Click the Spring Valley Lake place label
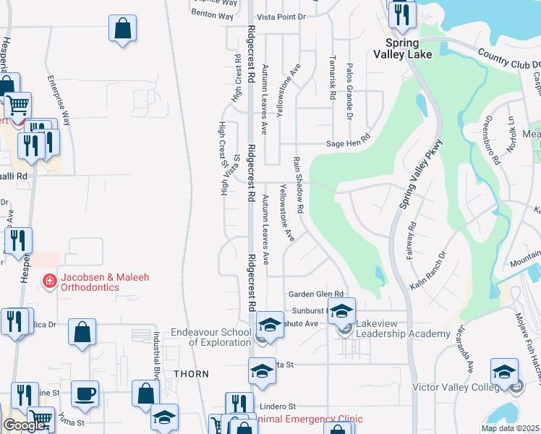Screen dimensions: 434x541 click(x=403, y=48)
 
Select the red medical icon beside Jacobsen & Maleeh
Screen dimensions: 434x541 click(x=49, y=280)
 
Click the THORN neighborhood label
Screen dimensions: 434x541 click(x=191, y=374)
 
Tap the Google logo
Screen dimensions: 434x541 click(x=24, y=425)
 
